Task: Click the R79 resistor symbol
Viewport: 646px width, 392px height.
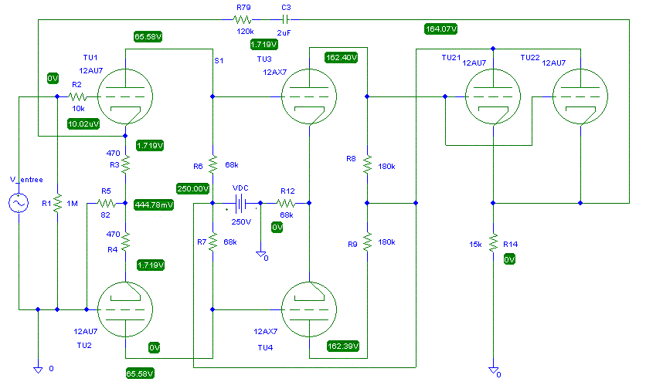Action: tap(243, 19)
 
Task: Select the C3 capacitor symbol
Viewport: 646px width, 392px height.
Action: tap(285, 19)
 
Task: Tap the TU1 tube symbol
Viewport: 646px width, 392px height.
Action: tap(125, 96)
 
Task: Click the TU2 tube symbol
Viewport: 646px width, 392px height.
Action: tap(125, 309)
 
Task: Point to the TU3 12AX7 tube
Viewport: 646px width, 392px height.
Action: tap(309, 96)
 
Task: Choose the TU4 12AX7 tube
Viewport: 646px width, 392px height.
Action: tap(309, 309)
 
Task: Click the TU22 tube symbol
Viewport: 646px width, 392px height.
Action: tap(580, 96)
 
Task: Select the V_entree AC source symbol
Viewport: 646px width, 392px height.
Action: tap(19, 203)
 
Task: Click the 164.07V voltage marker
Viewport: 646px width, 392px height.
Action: tap(440, 29)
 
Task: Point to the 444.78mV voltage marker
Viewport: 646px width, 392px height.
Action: tap(154, 204)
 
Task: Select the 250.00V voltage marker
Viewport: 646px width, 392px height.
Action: tap(193, 189)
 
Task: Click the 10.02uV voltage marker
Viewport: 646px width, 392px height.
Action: tap(83, 123)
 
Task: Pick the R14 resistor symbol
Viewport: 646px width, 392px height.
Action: tap(493, 243)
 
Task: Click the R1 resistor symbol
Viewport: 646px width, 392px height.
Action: tap(57, 203)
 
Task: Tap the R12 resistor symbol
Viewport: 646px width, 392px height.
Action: tap(285, 203)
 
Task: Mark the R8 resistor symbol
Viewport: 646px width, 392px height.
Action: tap(367, 164)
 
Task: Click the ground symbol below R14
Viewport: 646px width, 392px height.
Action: tap(493, 370)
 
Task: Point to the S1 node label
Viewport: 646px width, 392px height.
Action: tap(219, 61)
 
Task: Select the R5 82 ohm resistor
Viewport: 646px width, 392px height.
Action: tap(107, 203)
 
